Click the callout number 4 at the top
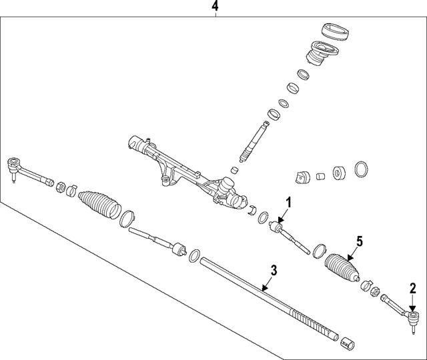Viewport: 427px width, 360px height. click(215, 6)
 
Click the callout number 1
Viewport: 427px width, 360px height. click(288, 203)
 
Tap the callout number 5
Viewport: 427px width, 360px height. click(360, 241)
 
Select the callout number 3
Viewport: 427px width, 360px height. click(274, 271)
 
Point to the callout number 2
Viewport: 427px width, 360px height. click(413, 289)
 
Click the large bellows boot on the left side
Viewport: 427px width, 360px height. click(99, 205)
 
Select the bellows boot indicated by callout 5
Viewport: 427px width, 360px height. click(342, 268)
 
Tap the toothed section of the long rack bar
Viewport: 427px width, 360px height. click(314, 323)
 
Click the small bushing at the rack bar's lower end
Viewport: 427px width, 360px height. click(348, 343)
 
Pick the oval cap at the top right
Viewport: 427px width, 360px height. click(336, 31)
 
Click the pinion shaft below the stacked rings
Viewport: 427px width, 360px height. click(254, 141)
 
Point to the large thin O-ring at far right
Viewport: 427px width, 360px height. click(362, 169)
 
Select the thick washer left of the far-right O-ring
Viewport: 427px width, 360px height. click(339, 173)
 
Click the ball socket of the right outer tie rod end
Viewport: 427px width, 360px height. click(414, 315)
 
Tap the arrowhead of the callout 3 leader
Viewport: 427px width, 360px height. click(264, 289)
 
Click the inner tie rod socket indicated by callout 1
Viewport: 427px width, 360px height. click(277, 227)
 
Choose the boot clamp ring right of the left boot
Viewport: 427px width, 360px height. click(127, 219)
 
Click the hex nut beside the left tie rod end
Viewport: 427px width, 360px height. click(61, 187)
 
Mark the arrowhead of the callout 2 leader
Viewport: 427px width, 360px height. click(413, 309)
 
